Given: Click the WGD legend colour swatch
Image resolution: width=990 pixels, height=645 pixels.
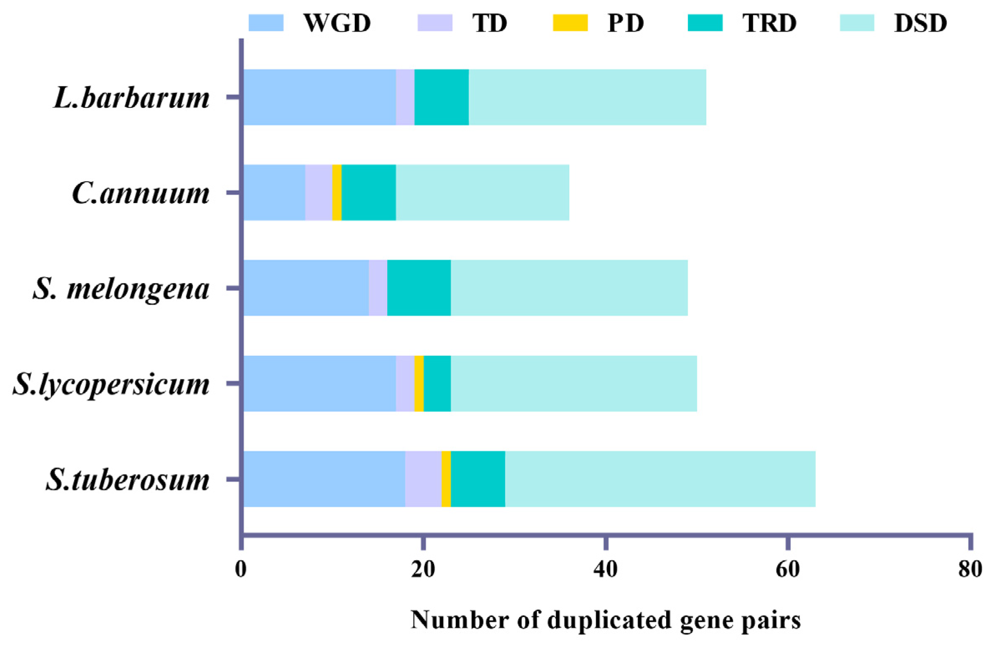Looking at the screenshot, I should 266,23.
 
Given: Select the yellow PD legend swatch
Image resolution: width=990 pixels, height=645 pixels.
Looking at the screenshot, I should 570,23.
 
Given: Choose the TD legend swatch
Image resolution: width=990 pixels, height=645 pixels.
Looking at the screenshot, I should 434,23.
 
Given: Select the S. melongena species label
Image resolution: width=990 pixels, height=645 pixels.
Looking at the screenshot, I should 121,289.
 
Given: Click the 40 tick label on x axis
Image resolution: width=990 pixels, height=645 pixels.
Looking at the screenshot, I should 605,569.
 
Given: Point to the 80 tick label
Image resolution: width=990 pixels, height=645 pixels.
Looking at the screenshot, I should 970,569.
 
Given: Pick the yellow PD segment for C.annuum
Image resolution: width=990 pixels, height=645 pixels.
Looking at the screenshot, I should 337,192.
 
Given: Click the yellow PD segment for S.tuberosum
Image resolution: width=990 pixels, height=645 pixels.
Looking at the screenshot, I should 446,479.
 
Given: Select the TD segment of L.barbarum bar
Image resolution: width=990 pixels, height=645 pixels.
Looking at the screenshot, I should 405,97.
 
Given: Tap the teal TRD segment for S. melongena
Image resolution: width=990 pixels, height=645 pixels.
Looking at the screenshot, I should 419,288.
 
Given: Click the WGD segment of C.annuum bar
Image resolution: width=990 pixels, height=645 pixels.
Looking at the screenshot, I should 274,192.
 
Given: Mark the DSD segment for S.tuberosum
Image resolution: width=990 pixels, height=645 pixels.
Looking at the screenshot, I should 660,479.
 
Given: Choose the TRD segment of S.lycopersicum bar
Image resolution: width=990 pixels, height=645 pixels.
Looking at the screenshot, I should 437,383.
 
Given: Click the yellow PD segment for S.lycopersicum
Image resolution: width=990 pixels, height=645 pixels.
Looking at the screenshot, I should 419,383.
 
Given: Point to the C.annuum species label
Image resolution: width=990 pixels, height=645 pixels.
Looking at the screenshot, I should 141,193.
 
